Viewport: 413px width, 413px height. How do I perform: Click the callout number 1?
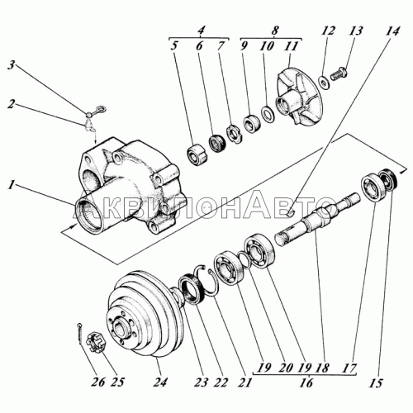(x=11, y=185)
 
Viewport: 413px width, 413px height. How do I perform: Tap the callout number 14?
(x=392, y=31)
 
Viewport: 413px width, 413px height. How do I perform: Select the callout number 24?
(x=160, y=382)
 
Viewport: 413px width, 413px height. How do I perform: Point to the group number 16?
(x=306, y=382)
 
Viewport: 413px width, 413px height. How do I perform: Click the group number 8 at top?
(x=275, y=30)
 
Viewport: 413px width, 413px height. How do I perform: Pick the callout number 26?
(x=98, y=382)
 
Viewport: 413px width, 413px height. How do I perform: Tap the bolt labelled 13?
(x=339, y=74)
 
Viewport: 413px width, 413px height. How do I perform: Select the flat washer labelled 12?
(x=322, y=82)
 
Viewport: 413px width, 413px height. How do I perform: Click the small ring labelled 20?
(x=244, y=259)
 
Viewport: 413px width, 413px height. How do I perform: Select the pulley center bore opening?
(x=121, y=329)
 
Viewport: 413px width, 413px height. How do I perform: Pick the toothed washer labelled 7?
(x=235, y=133)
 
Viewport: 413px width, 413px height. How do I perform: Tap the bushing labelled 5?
(x=197, y=154)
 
